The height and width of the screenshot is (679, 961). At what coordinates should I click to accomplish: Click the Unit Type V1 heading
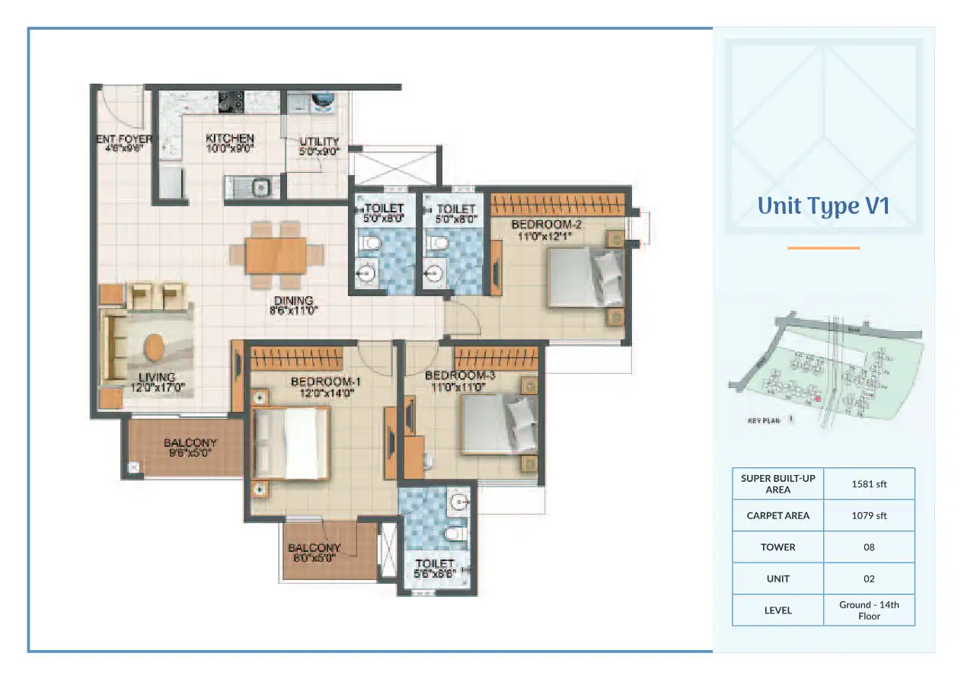(x=823, y=206)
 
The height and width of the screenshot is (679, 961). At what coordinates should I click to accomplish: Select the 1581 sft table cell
(x=869, y=483)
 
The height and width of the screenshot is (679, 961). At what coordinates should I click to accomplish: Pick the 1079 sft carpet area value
(x=869, y=515)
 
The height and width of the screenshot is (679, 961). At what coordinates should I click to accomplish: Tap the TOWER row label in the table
(x=777, y=547)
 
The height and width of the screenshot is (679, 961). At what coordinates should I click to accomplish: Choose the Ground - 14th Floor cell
(x=869, y=610)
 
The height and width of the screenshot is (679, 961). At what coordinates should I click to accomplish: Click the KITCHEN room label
(x=230, y=143)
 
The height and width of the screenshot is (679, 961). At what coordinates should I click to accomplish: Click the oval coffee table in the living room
(x=153, y=349)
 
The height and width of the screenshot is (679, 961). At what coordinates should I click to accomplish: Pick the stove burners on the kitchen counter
(x=231, y=100)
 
